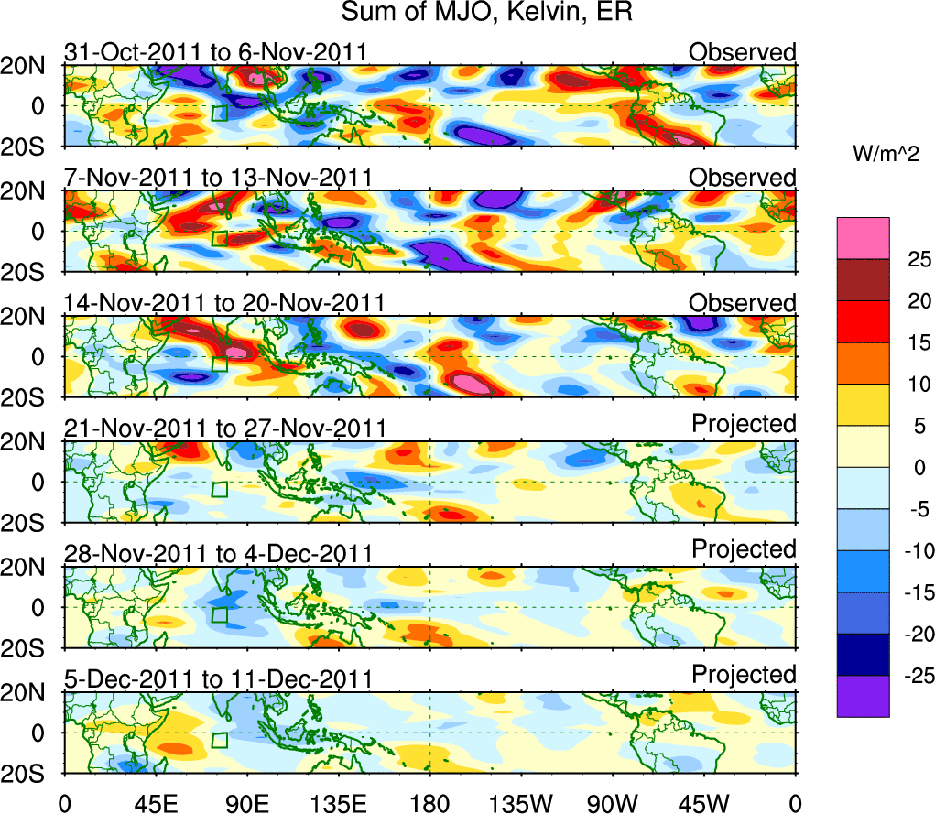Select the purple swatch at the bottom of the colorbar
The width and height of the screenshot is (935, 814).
click(862, 696)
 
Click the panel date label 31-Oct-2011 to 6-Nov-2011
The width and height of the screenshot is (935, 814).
click(217, 53)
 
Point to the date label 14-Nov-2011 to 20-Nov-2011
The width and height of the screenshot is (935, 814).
click(224, 304)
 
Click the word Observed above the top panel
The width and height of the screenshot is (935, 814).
click(743, 52)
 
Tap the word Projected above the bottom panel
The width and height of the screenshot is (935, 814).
click(744, 675)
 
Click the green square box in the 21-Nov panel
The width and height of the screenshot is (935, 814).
click(219, 489)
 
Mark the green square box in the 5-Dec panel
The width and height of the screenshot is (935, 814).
click(219, 741)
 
